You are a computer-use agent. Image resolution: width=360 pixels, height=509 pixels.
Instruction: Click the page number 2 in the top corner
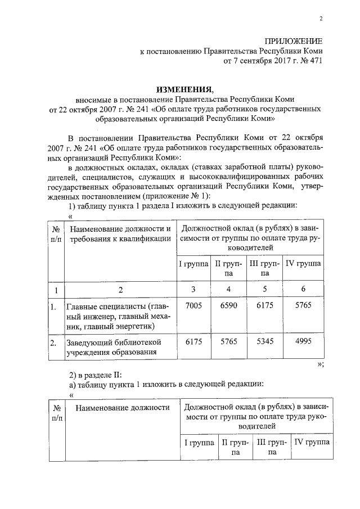(321, 19)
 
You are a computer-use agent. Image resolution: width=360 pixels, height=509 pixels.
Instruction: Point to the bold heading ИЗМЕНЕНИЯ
(185, 89)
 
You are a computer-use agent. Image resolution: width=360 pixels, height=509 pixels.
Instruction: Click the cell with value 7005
(193, 305)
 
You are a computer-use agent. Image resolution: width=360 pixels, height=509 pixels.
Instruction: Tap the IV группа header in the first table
(303, 263)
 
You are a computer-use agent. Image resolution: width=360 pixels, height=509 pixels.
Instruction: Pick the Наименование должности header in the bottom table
(121, 407)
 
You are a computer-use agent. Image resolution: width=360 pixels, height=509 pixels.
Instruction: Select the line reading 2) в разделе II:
(91, 374)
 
